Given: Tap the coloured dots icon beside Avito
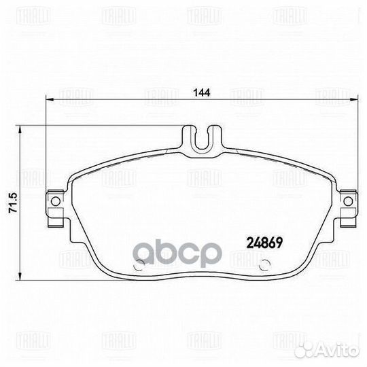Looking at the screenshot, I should (318, 349).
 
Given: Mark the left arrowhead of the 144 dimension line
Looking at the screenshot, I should (49, 101).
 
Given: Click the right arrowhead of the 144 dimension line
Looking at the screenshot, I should (352, 101).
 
